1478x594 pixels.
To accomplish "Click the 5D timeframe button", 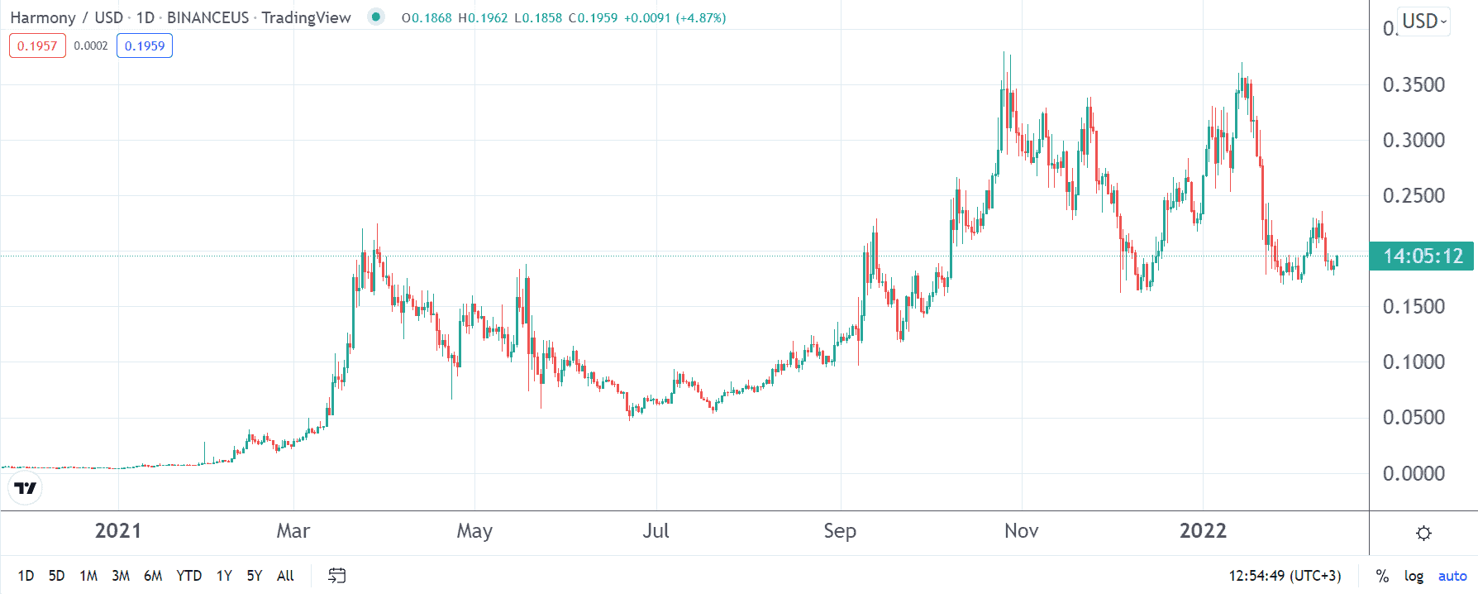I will point(56,576).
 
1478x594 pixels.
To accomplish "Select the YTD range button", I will point(188,576).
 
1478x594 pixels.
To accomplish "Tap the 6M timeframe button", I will point(153,576).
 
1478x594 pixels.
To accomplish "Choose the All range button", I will point(285,576).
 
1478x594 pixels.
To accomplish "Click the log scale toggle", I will point(1414,576).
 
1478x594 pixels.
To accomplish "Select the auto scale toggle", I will point(1452,576).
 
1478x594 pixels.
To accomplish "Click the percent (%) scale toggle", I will point(1382,576).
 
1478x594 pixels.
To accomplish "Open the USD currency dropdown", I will point(1424,22).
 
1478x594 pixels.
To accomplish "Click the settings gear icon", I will point(1423,533).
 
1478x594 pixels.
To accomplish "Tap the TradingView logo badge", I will point(26,488).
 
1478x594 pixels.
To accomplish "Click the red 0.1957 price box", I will point(37,46).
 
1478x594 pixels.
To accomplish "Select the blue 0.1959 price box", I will point(145,46).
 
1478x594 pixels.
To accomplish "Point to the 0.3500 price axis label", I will point(1414,84).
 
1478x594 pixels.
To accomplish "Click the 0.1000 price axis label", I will point(1414,362).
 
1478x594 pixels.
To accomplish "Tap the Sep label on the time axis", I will point(840,531).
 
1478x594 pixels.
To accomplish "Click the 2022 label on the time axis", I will point(1203,531).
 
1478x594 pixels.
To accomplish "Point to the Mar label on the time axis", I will point(293,531).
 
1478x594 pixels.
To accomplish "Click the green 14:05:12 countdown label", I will point(1423,256).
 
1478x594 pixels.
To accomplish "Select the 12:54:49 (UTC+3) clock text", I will point(1285,576).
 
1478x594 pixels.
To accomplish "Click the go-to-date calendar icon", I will point(336,576).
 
